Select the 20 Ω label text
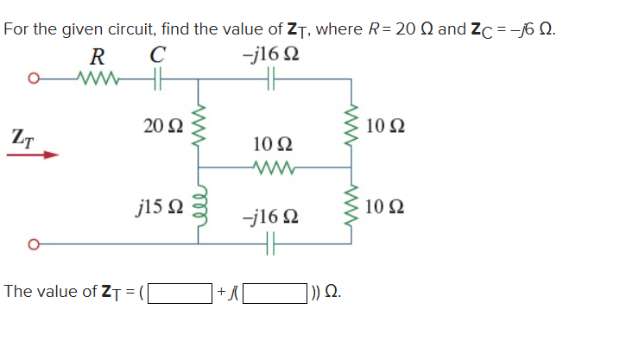(x=161, y=127)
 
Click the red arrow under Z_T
(x=34, y=156)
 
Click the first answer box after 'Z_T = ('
(x=180, y=292)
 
